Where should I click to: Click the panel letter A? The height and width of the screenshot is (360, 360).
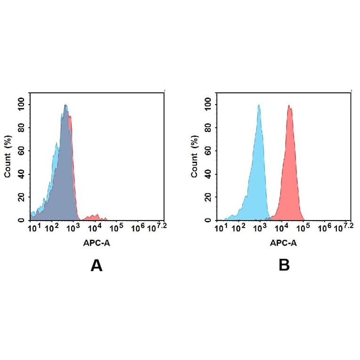click(97, 266)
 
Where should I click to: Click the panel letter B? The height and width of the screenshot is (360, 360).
click(284, 266)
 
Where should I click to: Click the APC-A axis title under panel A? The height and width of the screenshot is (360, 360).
click(97, 243)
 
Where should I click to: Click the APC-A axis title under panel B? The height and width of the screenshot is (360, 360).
click(284, 243)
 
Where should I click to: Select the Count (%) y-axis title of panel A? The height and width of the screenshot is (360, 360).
click(8, 156)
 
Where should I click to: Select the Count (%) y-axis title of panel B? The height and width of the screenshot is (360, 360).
click(194, 156)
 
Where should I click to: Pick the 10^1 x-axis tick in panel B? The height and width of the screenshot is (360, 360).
click(221, 229)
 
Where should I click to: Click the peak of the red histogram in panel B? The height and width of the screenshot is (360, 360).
click(289, 106)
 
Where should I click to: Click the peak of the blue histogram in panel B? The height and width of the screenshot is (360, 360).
click(259, 106)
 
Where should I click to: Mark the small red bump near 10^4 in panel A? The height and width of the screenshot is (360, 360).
click(96, 216)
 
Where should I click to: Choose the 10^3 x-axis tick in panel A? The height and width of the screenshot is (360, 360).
click(73, 229)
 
